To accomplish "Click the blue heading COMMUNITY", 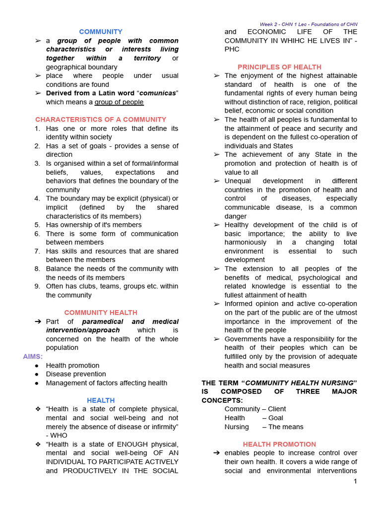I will (101, 32).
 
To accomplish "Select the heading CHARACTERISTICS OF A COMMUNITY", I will (101, 120).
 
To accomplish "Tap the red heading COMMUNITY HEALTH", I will (101, 313).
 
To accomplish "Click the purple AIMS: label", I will (33, 357).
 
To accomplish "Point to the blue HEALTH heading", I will (101, 400).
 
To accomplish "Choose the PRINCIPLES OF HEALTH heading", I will (279, 67).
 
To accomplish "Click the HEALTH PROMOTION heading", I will (279, 444).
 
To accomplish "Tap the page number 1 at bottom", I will (355, 481).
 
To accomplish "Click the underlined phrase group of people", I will (119, 102).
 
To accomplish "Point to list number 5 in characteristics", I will (37, 225).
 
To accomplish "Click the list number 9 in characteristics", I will (37, 286).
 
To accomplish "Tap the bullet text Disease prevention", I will (76, 374).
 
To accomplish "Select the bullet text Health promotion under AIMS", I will (72, 366).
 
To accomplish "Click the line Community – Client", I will (255, 409).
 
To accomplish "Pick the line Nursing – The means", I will (263, 427).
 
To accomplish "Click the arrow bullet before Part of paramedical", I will (38, 321).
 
